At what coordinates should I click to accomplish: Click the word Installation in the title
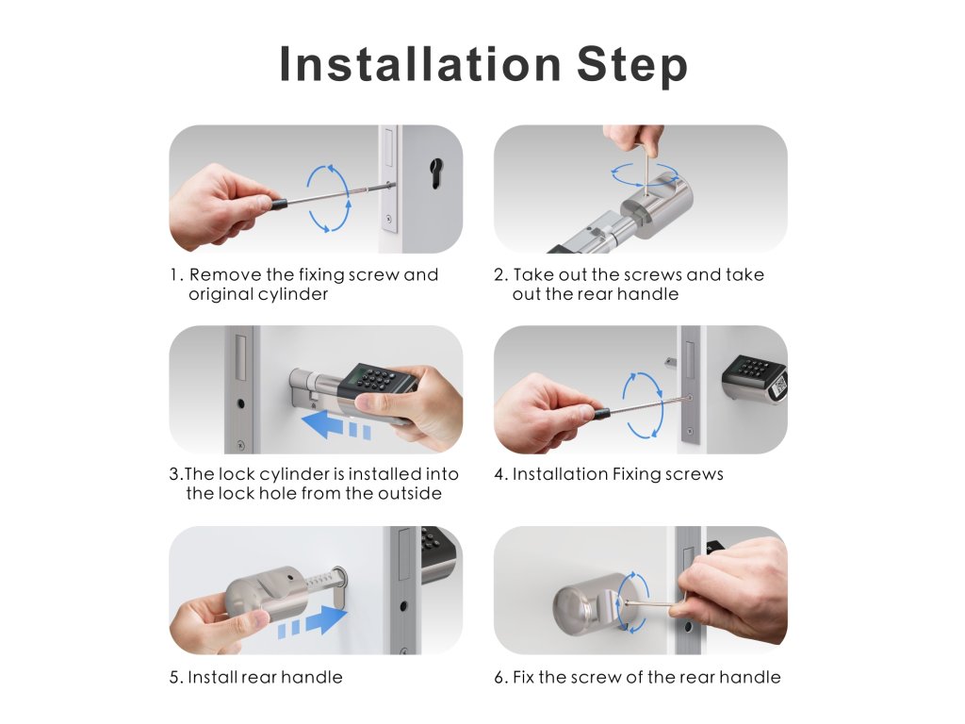coord(419,64)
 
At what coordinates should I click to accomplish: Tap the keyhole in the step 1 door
coord(436,173)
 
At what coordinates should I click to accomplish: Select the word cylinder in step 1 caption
coord(294,294)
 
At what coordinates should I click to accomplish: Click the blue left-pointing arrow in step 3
coord(336,425)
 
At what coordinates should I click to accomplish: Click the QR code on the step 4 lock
coord(779,386)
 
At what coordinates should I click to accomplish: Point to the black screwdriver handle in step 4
coord(601,413)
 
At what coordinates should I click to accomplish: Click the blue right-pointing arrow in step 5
coord(313,621)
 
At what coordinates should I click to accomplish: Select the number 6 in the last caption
coord(499,678)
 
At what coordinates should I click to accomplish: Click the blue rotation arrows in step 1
coord(329,198)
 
